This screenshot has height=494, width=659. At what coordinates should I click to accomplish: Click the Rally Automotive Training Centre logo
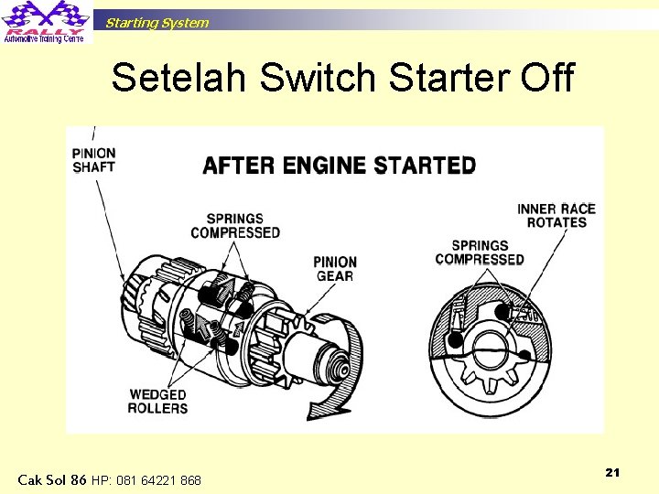click(x=45, y=22)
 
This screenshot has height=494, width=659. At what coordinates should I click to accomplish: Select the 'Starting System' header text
click(x=157, y=23)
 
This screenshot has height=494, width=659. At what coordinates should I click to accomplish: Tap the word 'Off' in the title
click(x=546, y=79)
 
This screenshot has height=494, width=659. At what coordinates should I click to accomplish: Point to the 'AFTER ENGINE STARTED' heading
click(x=339, y=166)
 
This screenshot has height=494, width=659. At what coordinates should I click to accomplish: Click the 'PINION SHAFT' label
click(x=93, y=160)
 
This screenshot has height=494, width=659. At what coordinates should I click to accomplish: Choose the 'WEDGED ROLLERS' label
click(x=157, y=401)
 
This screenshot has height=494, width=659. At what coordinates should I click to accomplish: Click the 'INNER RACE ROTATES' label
click(x=556, y=216)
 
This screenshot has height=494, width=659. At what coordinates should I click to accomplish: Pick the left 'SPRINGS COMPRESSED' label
click(x=235, y=226)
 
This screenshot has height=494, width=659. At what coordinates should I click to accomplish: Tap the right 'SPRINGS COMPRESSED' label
click(x=479, y=252)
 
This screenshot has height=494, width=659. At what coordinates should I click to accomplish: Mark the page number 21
click(x=612, y=472)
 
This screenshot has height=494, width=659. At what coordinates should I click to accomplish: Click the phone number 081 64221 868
click(x=146, y=480)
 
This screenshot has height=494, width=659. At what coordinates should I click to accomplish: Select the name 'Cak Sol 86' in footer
click(x=52, y=479)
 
